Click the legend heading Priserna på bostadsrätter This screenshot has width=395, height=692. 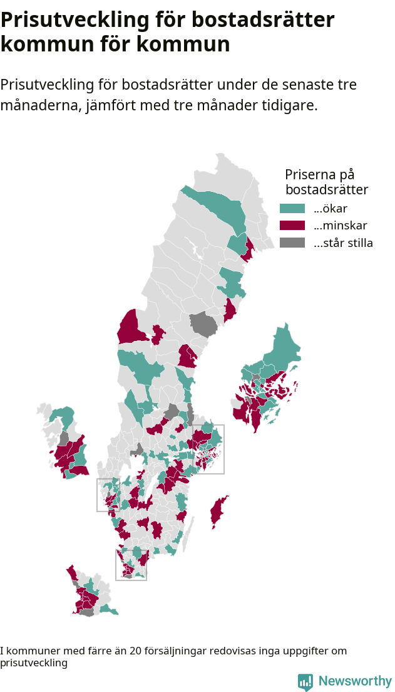(x=326, y=182)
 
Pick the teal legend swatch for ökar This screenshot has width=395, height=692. (x=292, y=208)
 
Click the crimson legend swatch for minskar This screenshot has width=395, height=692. (x=292, y=226)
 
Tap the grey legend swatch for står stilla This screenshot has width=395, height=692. (x=292, y=243)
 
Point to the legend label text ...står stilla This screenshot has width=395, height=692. (x=343, y=243)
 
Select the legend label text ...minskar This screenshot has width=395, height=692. (x=340, y=226)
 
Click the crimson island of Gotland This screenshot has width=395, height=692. (x=218, y=511)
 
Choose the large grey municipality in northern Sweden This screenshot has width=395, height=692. (x=204, y=324)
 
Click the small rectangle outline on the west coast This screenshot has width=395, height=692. (x=98, y=495)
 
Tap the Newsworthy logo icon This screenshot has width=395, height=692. (x=305, y=682)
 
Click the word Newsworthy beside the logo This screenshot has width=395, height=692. (x=355, y=681)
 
